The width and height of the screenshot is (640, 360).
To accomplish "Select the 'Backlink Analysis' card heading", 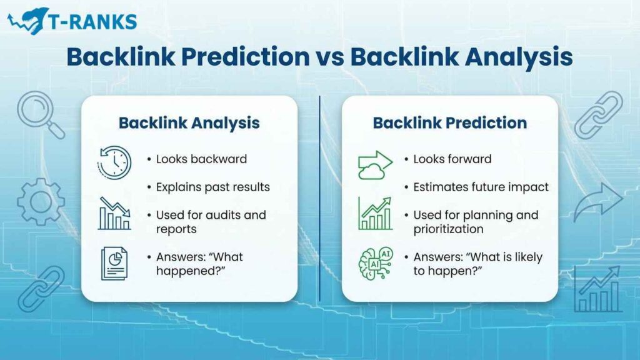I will [x=189, y=122].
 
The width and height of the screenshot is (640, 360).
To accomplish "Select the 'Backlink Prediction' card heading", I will [x=449, y=122].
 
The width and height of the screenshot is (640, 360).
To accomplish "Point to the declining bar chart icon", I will [x=114, y=213].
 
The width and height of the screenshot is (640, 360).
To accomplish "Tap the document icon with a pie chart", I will [x=114, y=263].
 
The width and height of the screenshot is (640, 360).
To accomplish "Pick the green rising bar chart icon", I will [x=375, y=213].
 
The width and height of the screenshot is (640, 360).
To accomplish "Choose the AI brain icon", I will [x=375, y=263].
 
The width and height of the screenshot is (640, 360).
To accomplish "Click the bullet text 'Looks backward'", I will [x=201, y=159].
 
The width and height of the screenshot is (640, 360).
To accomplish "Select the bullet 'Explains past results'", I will [x=212, y=187].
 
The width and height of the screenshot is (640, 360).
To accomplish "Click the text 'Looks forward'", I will [x=452, y=159].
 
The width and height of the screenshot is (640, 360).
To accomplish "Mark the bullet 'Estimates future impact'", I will [x=481, y=187].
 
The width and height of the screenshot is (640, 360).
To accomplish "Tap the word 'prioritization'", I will [x=448, y=229].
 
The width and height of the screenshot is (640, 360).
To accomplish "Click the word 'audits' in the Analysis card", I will [x=229, y=215].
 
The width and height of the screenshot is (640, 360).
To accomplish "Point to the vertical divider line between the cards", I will [x=320, y=200].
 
